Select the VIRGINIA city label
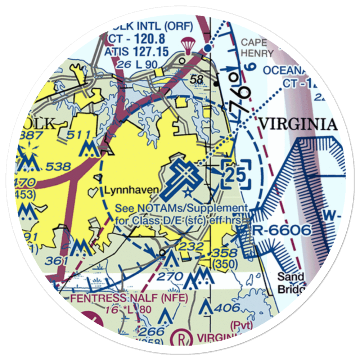coord(298,124)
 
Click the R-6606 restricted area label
coord(282,230)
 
